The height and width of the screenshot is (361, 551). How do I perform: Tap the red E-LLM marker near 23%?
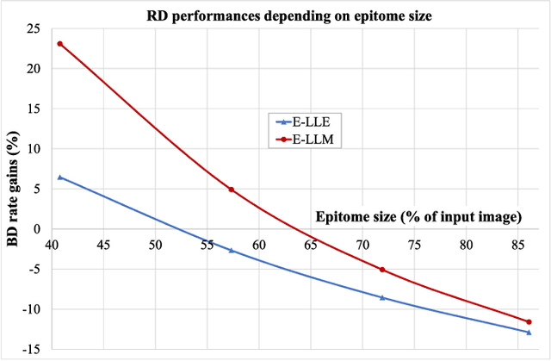(x=59, y=44)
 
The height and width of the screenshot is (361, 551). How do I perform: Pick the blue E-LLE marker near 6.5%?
(x=59, y=177)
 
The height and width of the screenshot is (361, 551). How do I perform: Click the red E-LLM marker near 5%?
(x=231, y=190)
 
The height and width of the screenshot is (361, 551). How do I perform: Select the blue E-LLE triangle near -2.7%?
(x=231, y=250)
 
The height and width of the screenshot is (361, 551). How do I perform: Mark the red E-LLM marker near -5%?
(x=381, y=270)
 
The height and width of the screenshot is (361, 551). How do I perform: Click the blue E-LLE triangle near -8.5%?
(x=381, y=297)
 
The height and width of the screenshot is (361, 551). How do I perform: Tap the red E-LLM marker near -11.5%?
(x=529, y=321)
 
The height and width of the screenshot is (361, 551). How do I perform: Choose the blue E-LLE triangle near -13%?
(x=529, y=332)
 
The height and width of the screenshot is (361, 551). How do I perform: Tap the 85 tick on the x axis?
(x=518, y=243)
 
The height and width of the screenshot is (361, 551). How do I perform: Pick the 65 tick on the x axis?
(x=311, y=243)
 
